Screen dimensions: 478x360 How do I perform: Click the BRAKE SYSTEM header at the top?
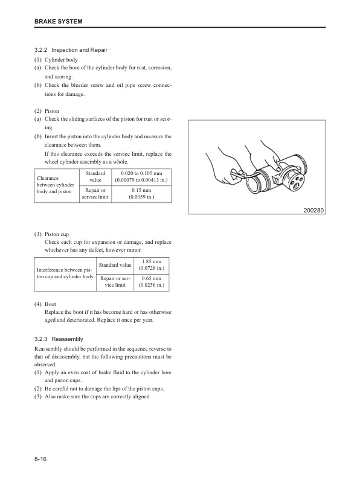click(58, 22)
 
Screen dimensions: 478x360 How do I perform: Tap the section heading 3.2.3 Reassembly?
click(67, 339)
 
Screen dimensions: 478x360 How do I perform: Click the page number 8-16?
click(41, 460)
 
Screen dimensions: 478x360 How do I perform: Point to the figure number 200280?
click(312, 210)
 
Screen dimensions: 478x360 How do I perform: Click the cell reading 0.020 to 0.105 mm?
click(141, 174)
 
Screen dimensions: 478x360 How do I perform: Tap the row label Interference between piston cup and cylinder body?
click(65, 273)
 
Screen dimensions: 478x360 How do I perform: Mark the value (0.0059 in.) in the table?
click(141, 196)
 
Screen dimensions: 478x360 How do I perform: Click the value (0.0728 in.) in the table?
click(152, 268)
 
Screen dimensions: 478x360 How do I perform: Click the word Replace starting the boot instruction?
click(56, 312)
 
